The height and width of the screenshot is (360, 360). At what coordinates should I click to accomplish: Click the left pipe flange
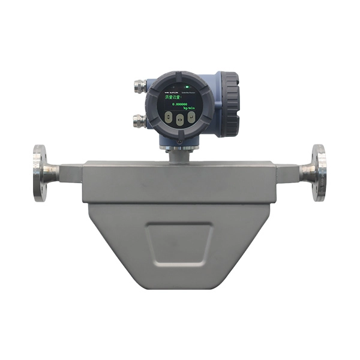tap(40, 172)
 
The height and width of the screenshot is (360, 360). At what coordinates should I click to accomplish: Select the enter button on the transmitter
tap(191, 117)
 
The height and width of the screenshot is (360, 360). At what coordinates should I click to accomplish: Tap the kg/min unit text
tap(187, 108)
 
